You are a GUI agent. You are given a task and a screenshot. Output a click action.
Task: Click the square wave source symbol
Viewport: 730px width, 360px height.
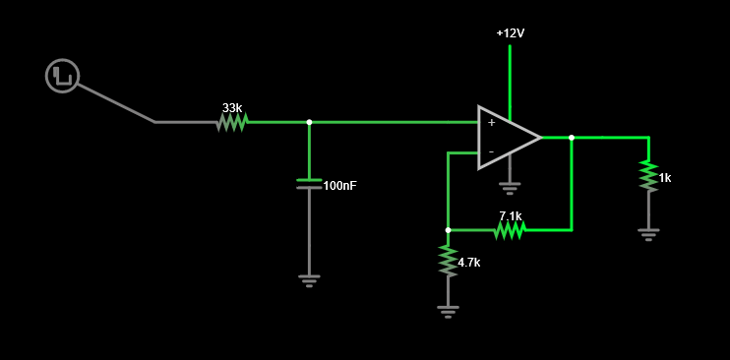pyautogui.click(x=63, y=76)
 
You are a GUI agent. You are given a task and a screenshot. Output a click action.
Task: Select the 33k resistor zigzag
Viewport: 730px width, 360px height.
pyautogui.click(x=232, y=123)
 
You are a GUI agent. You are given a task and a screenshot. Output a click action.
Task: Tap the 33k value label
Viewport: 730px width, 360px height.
pyautogui.click(x=232, y=108)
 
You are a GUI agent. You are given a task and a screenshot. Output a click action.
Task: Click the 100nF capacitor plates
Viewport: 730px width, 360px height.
pyautogui.click(x=309, y=184)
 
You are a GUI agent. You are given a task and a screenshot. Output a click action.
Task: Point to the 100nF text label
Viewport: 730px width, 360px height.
pyautogui.click(x=340, y=186)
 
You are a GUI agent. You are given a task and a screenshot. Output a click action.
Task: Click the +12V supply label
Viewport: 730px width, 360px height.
pyautogui.click(x=511, y=33)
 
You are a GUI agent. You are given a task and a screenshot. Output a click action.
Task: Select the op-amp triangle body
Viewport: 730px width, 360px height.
pyautogui.click(x=510, y=138)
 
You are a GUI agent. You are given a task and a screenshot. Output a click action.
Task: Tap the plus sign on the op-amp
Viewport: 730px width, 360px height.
pyautogui.click(x=491, y=123)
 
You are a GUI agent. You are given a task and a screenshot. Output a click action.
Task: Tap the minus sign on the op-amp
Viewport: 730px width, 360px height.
pyautogui.click(x=491, y=151)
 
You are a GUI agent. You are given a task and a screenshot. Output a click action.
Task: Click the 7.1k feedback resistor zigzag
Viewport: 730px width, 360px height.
pyautogui.click(x=510, y=230)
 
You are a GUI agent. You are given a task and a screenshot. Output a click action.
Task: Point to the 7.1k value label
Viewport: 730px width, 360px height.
pyautogui.click(x=511, y=216)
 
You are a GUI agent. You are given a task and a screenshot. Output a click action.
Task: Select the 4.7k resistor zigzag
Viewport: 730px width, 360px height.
pyautogui.click(x=448, y=262)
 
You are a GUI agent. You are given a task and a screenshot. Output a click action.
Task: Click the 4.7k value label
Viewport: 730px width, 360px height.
pyautogui.click(x=469, y=263)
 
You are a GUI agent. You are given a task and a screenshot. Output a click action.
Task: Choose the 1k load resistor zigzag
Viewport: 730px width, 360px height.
pyautogui.click(x=648, y=176)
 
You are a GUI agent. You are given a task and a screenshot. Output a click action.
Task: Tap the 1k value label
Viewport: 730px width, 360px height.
pyautogui.click(x=665, y=178)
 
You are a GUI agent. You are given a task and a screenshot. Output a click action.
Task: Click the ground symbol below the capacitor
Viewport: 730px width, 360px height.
pyautogui.click(x=309, y=281)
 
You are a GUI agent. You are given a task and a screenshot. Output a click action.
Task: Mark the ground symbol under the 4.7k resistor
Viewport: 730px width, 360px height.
pyautogui.click(x=448, y=312)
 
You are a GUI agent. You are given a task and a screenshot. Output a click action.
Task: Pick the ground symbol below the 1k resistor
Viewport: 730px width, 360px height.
pyautogui.click(x=648, y=234)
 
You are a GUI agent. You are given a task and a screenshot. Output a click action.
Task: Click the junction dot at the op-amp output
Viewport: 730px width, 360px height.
pyautogui.click(x=572, y=138)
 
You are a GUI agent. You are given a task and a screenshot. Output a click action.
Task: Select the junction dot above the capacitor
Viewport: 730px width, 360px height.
pyautogui.click(x=309, y=123)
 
